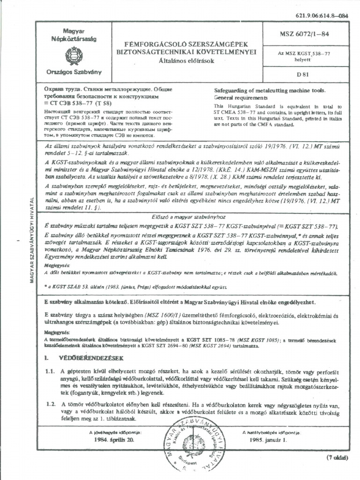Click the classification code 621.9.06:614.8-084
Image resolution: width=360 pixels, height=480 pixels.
pyautogui.click(x=322, y=15)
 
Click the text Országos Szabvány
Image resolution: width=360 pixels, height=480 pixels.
pyautogui.click(x=73, y=73)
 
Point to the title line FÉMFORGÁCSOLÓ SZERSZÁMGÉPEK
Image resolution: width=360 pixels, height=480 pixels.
pyautogui.click(x=186, y=44)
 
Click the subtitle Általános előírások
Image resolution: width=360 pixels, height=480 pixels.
pyautogui.click(x=186, y=60)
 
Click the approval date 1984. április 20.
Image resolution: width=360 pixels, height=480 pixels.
pyautogui.click(x=114, y=440)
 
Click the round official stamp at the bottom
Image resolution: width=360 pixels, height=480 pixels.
pyautogui.click(x=193, y=446)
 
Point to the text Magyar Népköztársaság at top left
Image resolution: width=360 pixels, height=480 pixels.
pyautogui.click(x=73, y=34)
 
